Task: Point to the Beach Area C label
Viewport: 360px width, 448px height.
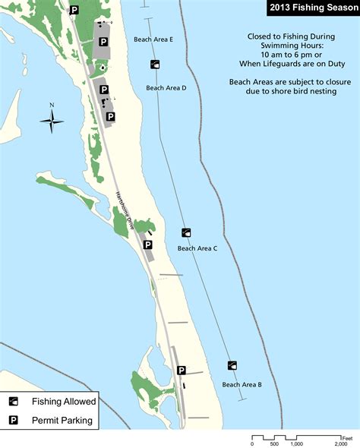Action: (x=197, y=248)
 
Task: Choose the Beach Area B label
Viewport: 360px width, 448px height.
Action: (x=242, y=385)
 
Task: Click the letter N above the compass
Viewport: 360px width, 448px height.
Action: (x=52, y=106)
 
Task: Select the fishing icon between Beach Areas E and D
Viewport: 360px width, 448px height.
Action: (x=155, y=65)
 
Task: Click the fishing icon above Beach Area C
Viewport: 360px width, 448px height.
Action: (x=187, y=232)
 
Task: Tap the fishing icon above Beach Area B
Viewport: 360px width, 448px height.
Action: (x=232, y=365)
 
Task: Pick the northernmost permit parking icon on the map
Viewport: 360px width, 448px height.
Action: (x=74, y=10)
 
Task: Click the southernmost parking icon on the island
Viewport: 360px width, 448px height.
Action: (x=182, y=371)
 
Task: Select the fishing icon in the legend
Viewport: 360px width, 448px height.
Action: (x=14, y=402)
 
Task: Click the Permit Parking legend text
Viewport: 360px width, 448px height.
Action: (x=62, y=420)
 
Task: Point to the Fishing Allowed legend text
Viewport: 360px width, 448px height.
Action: (x=64, y=402)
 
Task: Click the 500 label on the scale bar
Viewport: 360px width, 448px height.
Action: (x=275, y=444)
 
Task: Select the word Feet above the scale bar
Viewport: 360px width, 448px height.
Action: (x=347, y=437)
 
